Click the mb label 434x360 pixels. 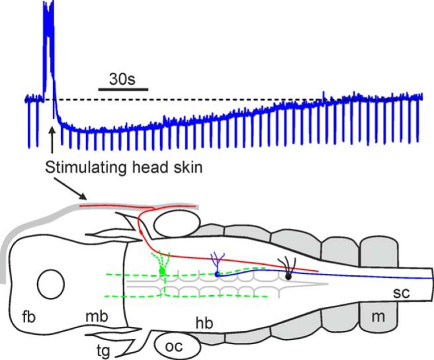97,317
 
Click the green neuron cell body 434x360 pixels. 163,271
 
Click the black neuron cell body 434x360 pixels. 288,275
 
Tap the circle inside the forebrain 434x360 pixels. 51,285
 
